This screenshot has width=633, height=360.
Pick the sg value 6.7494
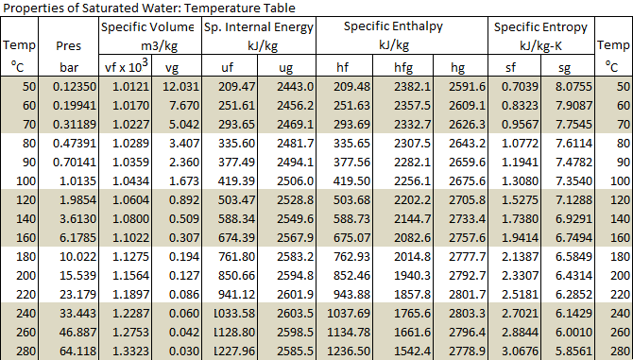tap(573, 236)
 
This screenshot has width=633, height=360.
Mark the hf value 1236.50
tap(350, 350)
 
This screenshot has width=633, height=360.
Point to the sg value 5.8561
tap(573, 350)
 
